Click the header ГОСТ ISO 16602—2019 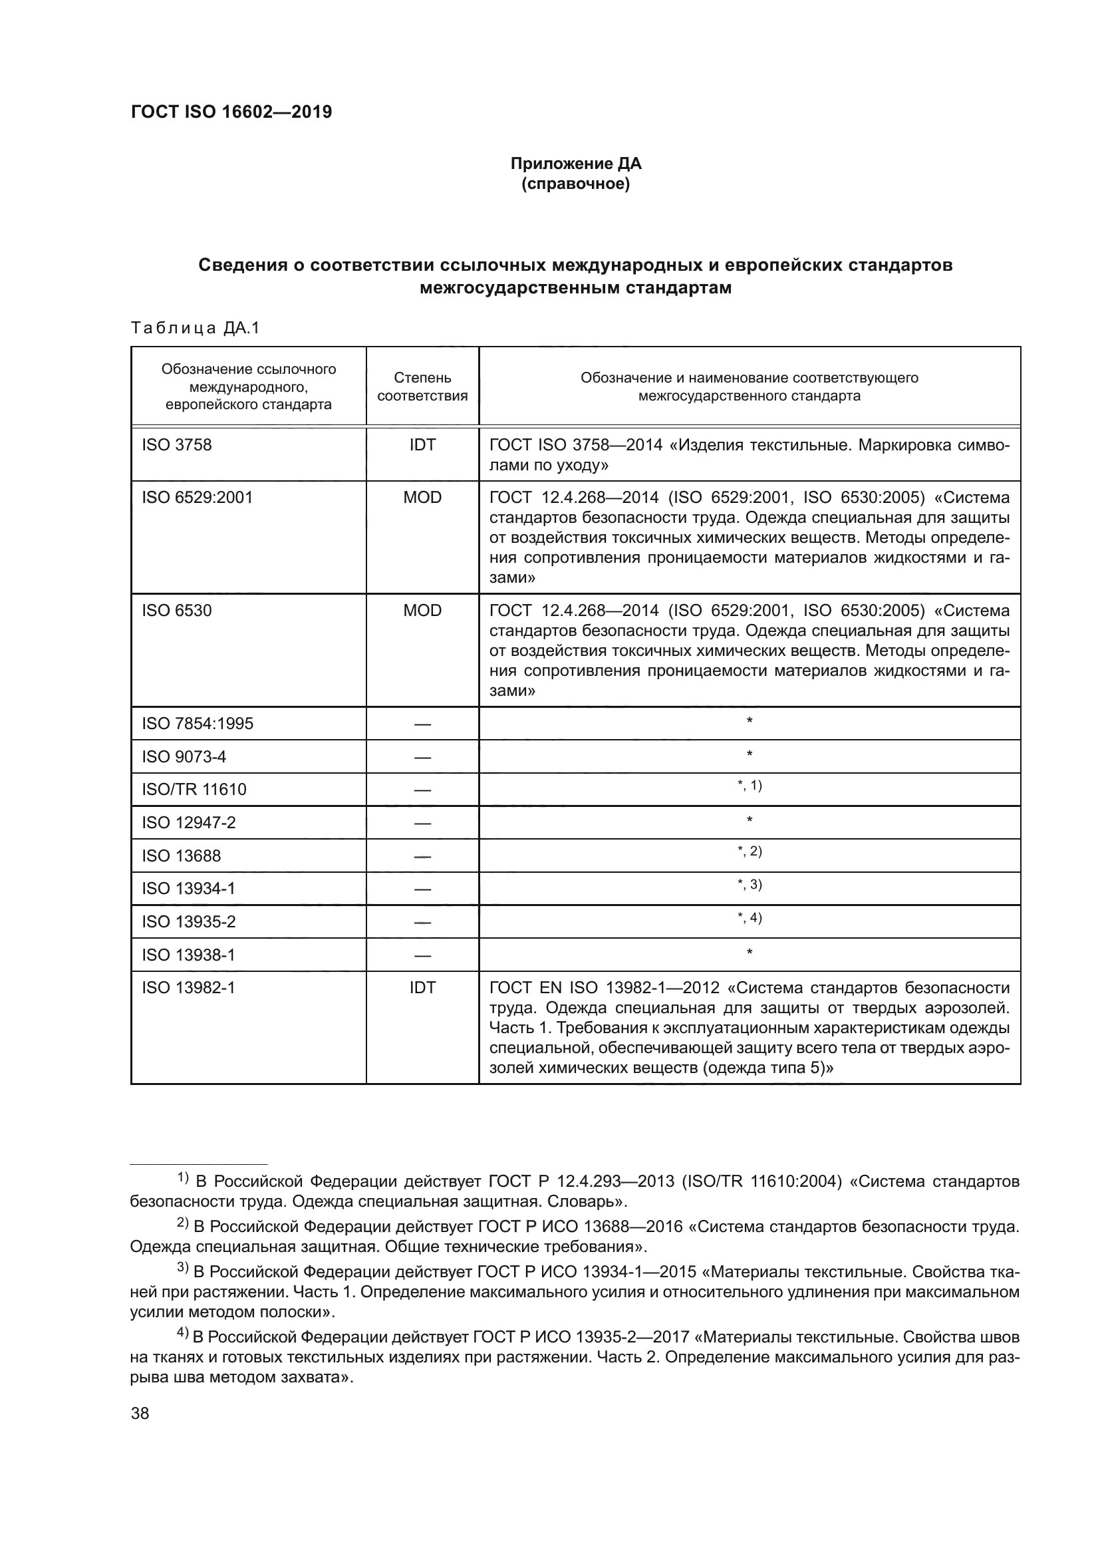[231, 112]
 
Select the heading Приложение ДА [576, 164]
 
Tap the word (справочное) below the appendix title [576, 184]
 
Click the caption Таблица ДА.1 [195, 329]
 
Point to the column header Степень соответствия [422, 387]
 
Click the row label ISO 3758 [177, 444]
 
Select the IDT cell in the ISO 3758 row [422, 444]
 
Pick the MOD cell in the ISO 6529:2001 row [422, 498]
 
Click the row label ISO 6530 [177, 611]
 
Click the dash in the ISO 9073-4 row [422, 757]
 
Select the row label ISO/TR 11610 [194, 790]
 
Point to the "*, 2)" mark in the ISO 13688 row [749, 852]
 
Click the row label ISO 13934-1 [188, 889]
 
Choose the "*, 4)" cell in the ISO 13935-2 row [749, 918]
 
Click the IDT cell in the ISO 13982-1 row [422, 987]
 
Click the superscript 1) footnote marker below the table [183, 1178]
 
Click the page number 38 [140, 1414]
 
